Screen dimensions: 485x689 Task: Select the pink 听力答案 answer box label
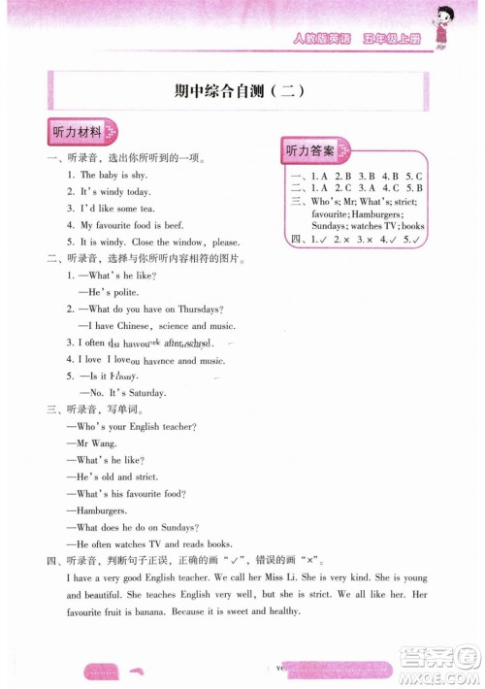pos(309,150)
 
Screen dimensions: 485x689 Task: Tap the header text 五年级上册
pos(388,40)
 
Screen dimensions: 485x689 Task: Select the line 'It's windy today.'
pos(115,191)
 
